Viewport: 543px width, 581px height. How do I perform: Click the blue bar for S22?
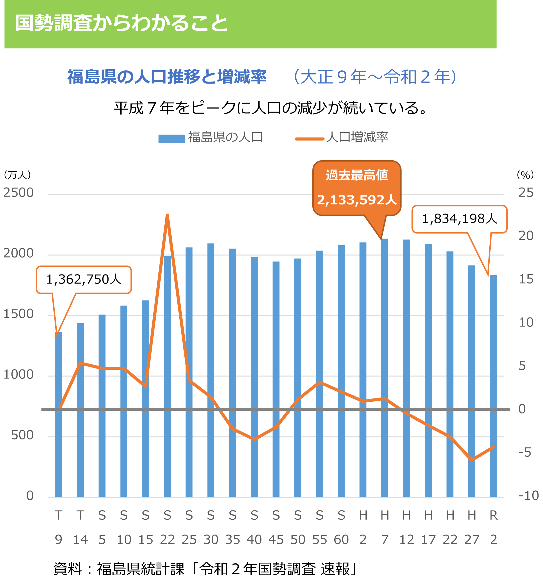(x=167, y=376)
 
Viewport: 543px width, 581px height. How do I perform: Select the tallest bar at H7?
(x=385, y=366)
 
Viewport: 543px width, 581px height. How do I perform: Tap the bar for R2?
(x=493, y=386)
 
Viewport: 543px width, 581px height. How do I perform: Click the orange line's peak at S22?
(x=167, y=216)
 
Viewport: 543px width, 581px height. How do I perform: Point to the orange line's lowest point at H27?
(x=472, y=460)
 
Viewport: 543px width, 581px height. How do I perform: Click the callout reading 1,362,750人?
(x=84, y=280)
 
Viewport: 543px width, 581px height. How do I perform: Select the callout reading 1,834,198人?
(x=459, y=219)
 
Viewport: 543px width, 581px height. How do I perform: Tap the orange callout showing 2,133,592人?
(x=357, y=188)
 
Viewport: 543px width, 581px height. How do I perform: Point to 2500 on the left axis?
(x=18, y=193)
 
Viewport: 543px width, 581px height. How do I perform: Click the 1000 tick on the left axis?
(x=18, y=375)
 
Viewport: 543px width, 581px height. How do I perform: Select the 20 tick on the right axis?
(x=526, y=236)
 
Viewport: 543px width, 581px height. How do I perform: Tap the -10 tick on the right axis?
(x=528, y=496)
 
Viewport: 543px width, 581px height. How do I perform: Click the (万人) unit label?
(x=17, y=175)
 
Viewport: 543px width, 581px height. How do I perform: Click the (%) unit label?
(x=525, y=175)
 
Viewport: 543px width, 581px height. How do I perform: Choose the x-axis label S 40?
(x=254, y=527)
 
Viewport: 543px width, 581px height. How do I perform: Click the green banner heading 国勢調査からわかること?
(x=122, y=23)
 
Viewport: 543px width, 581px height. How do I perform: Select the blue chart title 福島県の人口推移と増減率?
(x=167, y=77)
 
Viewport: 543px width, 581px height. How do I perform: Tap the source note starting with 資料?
(x=205, y=569)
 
